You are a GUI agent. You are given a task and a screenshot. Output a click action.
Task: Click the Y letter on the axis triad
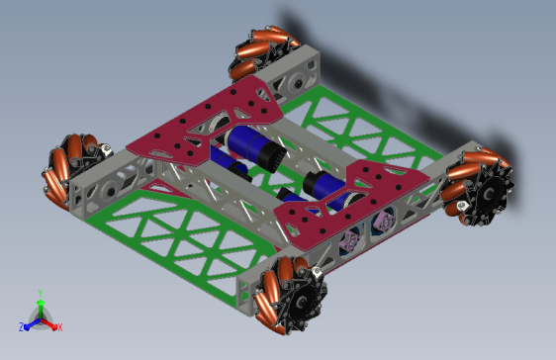point(40,293)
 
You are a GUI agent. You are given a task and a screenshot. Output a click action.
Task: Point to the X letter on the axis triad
point(59,326)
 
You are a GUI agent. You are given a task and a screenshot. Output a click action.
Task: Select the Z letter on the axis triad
point(22,326)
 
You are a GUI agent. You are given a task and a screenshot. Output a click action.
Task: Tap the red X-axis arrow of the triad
point(50,322)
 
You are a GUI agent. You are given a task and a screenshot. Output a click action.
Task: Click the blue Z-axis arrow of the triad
point(31,322)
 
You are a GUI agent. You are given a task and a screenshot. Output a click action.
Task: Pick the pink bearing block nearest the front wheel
point(348,240)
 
